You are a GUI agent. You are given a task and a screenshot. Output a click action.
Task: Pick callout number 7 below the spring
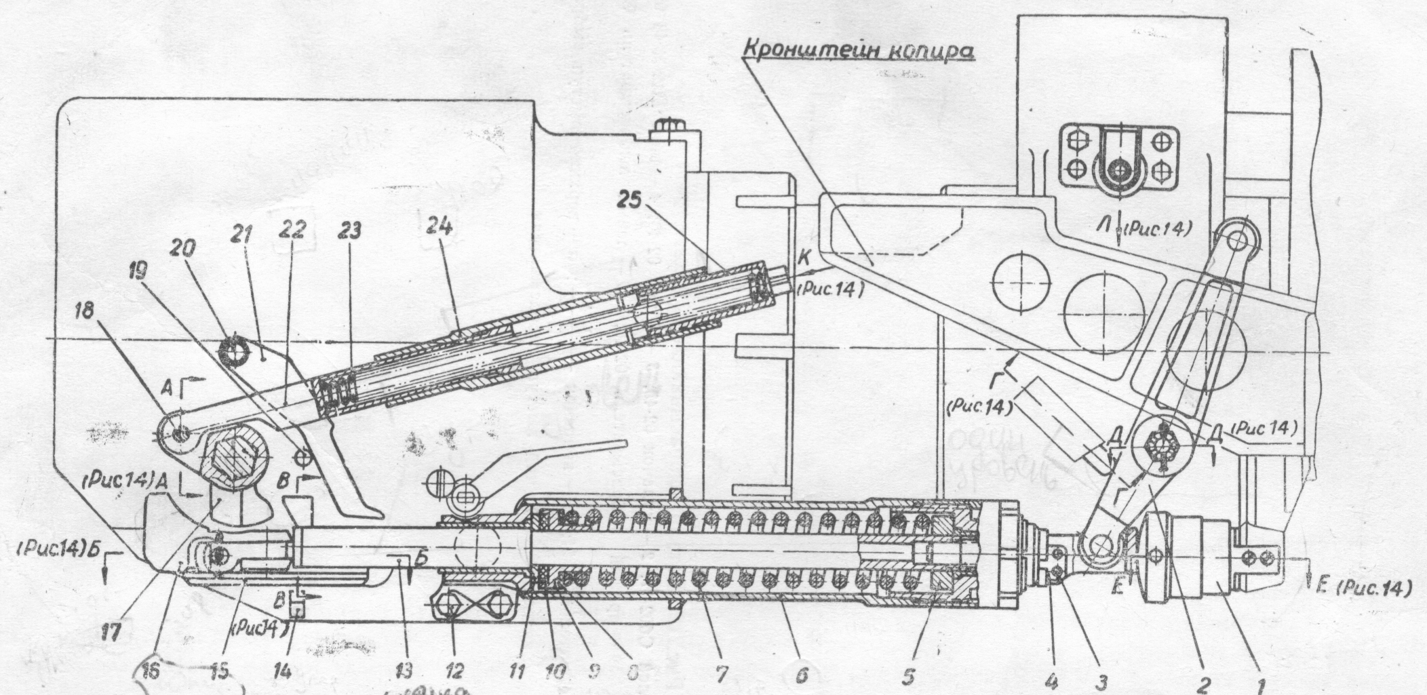(x=720, y=673)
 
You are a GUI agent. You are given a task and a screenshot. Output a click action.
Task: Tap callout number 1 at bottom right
(x=1259, y=686)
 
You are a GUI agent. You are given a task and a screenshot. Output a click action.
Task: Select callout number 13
(x=402, y=671)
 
